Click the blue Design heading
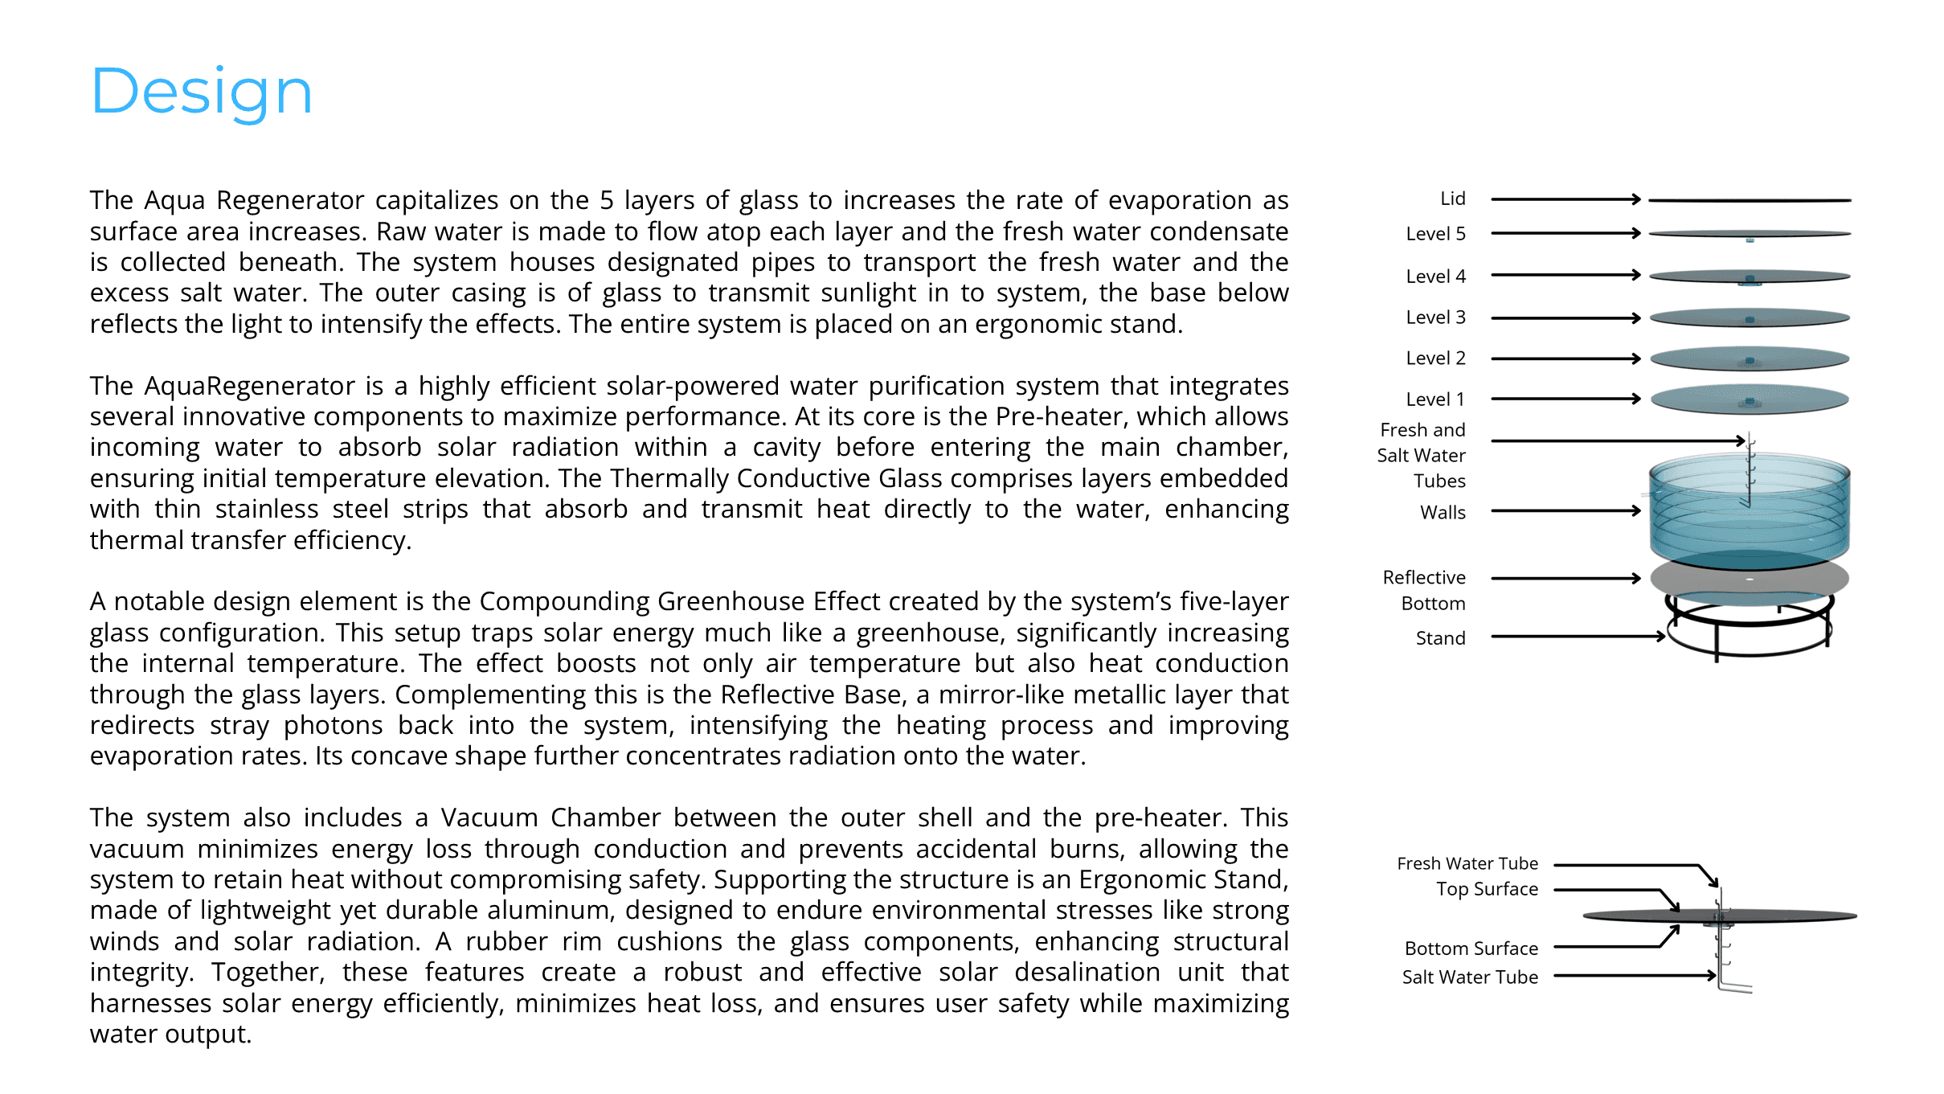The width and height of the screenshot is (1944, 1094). pos(201,92)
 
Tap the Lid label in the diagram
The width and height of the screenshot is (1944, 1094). pos(1452,199)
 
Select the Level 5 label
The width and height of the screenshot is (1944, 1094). pos(1435,234)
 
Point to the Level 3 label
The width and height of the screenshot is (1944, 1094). pos(1435,318)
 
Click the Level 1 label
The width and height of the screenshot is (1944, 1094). pos(1435,399)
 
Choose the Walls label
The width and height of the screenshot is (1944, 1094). pos(1443,512)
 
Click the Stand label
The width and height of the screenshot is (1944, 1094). pos(1440,638)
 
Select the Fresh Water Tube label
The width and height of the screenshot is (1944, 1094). pos(1467,863)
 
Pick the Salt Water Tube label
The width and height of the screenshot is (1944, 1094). pos(1470,977)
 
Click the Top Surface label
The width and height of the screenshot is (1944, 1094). pos(1487,889)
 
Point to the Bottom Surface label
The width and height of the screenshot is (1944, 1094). pos(1471,949)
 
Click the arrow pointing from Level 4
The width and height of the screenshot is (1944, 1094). pos(1565,275)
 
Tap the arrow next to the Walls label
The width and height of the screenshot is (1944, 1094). pos(1565,510)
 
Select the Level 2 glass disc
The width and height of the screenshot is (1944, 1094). pos(1749,359)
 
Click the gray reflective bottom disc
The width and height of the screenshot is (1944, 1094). pos(1749,579)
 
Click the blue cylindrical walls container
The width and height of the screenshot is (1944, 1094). pos(1749,514)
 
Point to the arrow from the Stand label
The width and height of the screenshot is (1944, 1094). pos(1577,637)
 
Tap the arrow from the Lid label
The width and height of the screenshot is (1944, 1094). pos(1565,199)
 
